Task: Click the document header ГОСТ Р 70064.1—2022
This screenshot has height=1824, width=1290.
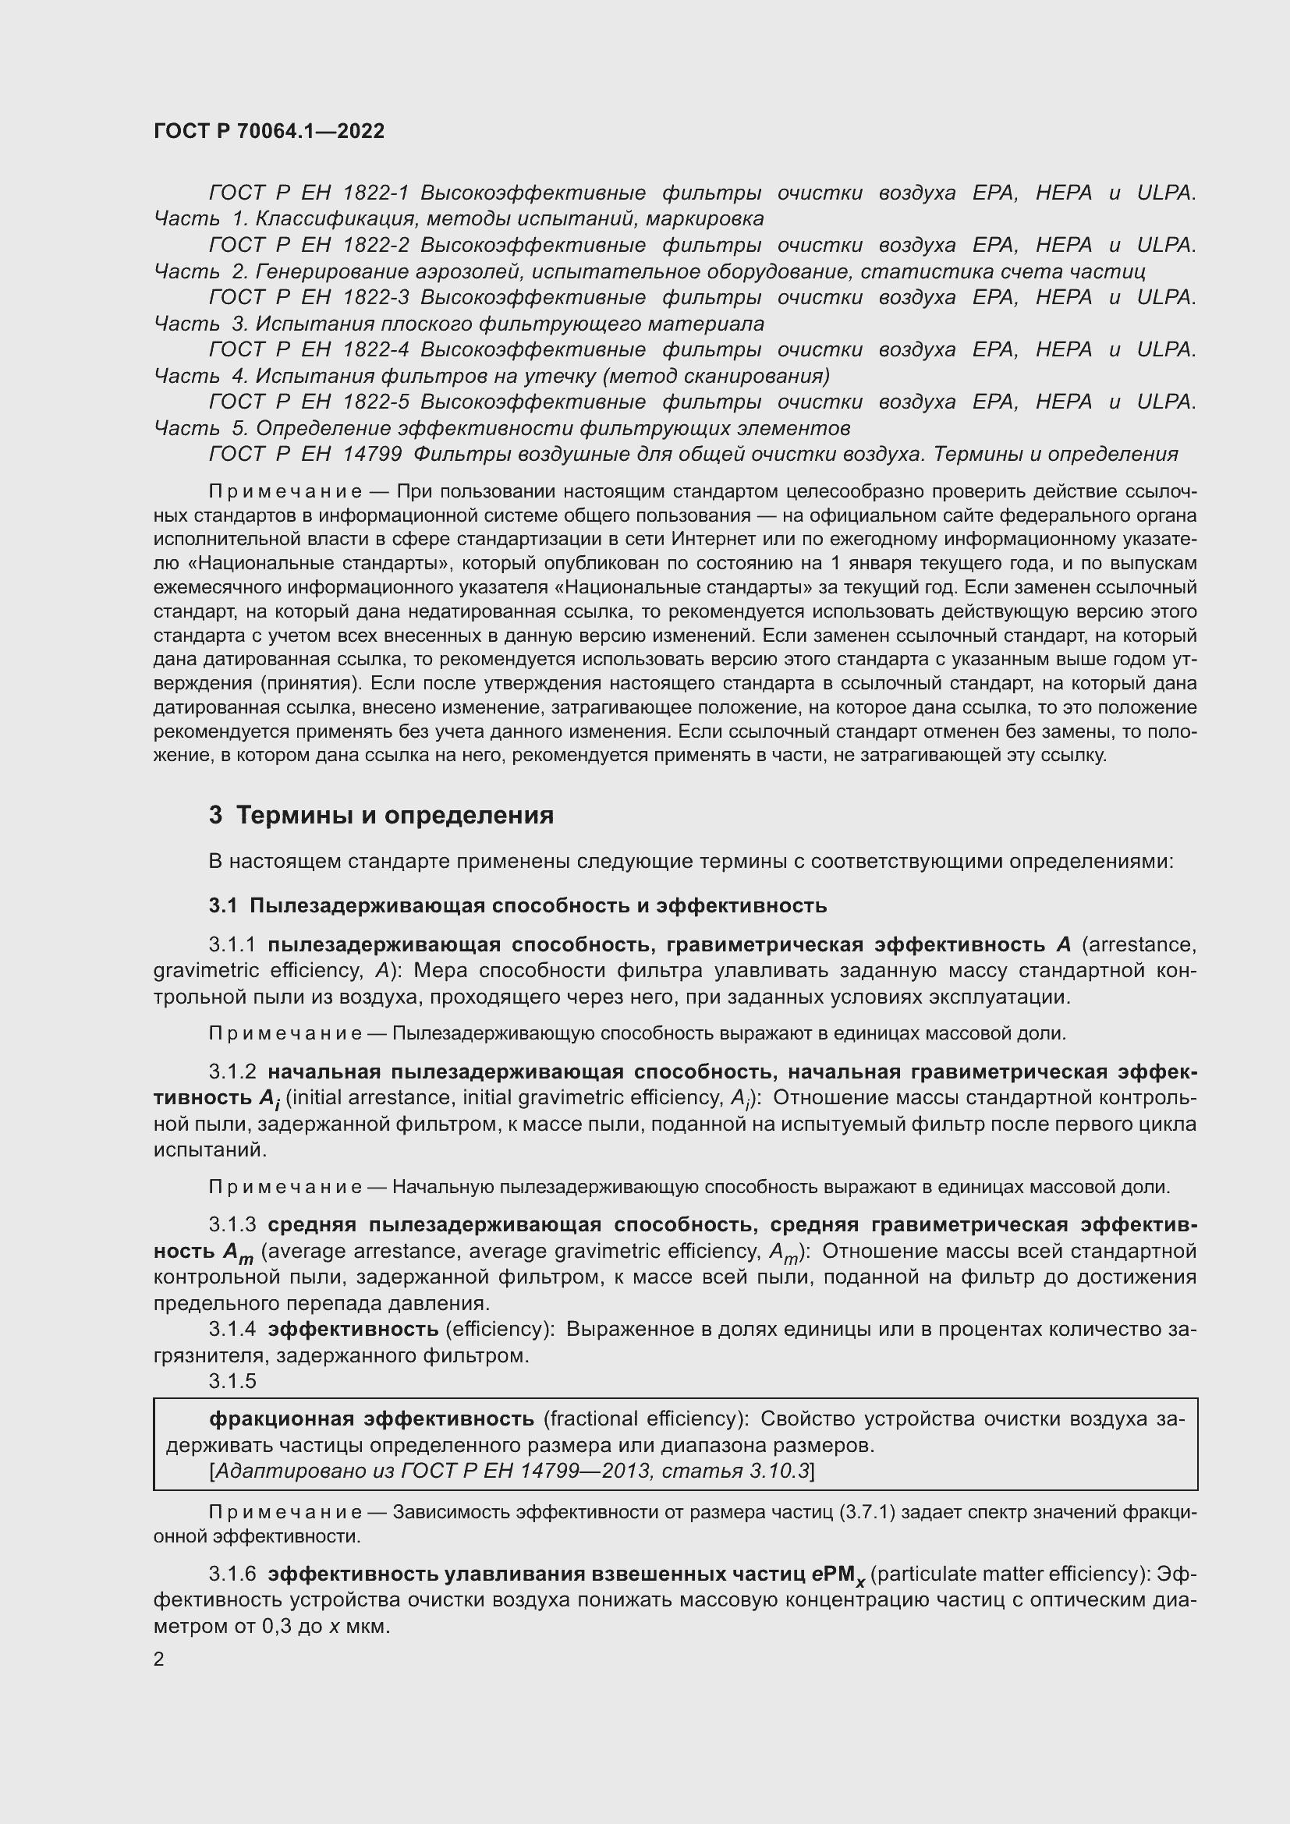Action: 268,131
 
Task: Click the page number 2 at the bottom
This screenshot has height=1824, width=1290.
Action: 159,1659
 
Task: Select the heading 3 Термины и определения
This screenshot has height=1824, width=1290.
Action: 381,815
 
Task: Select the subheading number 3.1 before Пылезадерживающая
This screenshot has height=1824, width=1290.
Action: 223,905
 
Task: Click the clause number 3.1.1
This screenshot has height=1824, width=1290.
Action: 232,944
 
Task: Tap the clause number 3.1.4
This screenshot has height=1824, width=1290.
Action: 232,1329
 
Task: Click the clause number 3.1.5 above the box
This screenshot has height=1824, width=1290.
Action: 232,1381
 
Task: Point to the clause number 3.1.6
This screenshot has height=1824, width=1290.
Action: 232,1574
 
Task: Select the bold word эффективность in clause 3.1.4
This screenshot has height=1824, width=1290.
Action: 353,1329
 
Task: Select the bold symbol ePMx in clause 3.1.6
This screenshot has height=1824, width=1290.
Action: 842,1575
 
